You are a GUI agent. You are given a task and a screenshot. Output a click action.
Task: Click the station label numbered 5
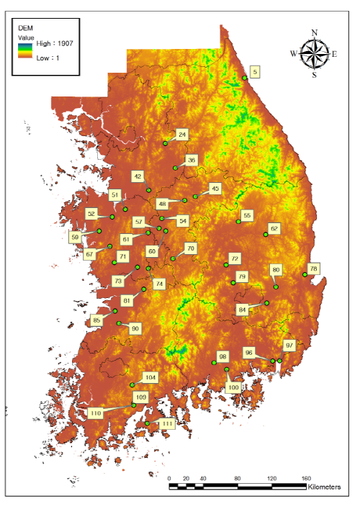255,71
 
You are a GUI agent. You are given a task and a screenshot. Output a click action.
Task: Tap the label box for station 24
182,135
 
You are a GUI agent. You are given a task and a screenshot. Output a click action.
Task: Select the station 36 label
191,160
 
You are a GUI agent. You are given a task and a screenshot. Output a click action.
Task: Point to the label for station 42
138,176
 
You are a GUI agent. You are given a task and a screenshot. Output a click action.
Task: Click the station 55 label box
247,215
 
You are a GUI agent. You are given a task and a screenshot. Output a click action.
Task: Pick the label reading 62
274,228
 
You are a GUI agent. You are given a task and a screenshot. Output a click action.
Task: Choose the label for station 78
312,269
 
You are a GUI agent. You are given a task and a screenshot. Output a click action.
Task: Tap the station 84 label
242,310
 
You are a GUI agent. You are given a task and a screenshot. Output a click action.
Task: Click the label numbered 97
289,346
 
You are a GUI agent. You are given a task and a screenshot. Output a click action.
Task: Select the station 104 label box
150,377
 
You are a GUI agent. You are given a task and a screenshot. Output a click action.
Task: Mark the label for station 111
167,423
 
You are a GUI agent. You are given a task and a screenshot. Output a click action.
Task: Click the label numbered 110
95,413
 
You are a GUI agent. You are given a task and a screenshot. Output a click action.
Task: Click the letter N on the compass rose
315,32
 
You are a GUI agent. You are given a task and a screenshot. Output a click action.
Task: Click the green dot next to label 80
276,287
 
